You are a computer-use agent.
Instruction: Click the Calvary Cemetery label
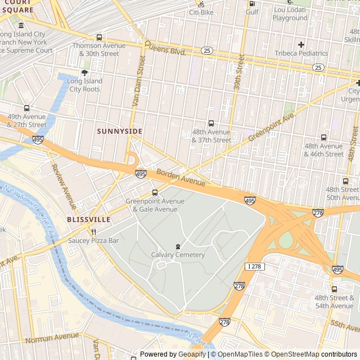[178, 255]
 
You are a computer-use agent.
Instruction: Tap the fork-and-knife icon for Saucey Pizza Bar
[94, 231]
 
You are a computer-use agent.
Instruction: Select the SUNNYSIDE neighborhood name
[119, 131]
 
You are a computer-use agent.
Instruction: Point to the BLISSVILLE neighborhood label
[88, 219]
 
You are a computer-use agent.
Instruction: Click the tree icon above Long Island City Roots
[85, 73]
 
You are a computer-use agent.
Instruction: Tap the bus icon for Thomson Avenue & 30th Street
[99, 38]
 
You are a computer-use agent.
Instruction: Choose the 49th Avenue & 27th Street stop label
[26, 120]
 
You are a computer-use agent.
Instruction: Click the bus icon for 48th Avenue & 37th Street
[211, 123]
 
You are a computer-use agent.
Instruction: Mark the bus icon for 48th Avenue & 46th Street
[323, 137]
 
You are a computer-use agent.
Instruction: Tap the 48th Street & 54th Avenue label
[334, 301]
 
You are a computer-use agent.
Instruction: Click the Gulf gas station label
[252, 11]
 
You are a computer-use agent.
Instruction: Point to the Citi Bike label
[201, 12]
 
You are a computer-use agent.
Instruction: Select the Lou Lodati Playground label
[290, 13]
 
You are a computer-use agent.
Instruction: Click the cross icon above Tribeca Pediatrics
[301, 44]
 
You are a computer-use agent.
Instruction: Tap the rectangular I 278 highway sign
[255, 266]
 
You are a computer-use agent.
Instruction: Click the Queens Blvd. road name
[165, 47]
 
